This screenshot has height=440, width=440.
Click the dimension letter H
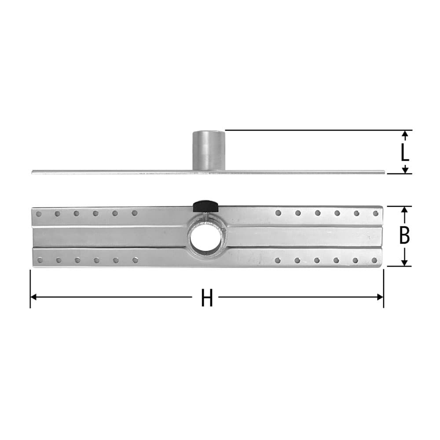(x=207, y=297)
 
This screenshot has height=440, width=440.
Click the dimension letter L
(x=405, y=152)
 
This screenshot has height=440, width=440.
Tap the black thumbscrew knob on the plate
(x=205, y=206)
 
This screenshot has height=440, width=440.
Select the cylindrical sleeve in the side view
(x=209, y=150)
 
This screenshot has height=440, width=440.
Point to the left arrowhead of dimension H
(x=33, y=297)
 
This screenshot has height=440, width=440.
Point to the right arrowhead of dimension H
(x=380, y=297)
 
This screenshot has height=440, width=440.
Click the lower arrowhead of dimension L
(x=405, y=170)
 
